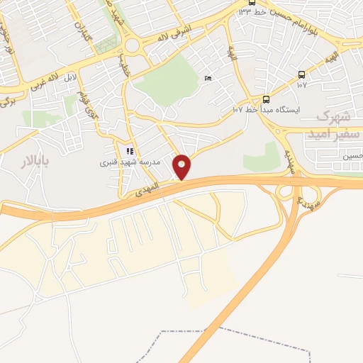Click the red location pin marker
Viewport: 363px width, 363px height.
(x=182, y=167)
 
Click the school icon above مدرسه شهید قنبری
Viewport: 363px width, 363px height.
(x=129, y=151)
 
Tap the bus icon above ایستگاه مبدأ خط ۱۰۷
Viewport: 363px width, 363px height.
(x=266, y=99)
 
